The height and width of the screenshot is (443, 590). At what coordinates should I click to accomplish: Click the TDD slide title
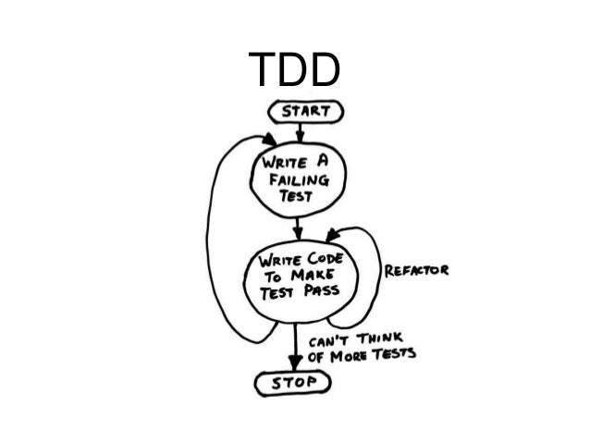coord(295,70)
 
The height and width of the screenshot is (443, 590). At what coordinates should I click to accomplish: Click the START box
coord(304,112)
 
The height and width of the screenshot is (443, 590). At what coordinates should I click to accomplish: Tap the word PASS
coord(319,289)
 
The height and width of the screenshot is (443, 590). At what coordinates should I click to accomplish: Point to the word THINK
coord(381,338)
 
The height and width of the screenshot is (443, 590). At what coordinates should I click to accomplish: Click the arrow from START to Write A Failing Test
coord(298,133)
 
